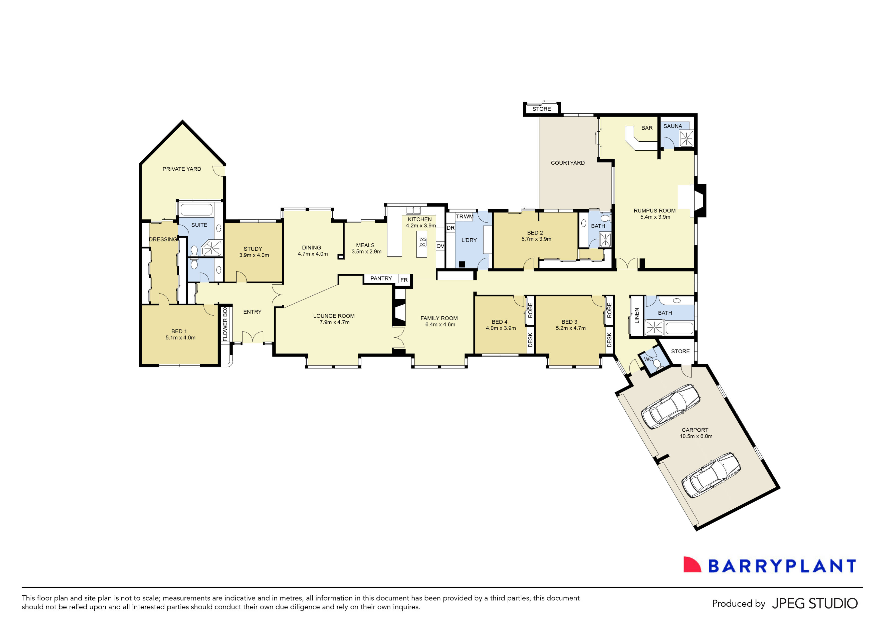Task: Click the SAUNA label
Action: (x=672, y=126)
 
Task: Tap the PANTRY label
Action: (x=381, y=279)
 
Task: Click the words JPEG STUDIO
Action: (x=815, y=603)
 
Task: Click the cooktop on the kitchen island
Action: (x=423, y=242)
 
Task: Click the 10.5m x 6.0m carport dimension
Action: (x=696, y=436)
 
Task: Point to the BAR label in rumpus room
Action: (x=647, y=128)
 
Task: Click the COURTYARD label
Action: (x=567, y=163)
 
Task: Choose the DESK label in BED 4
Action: (x=530, y=340)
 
